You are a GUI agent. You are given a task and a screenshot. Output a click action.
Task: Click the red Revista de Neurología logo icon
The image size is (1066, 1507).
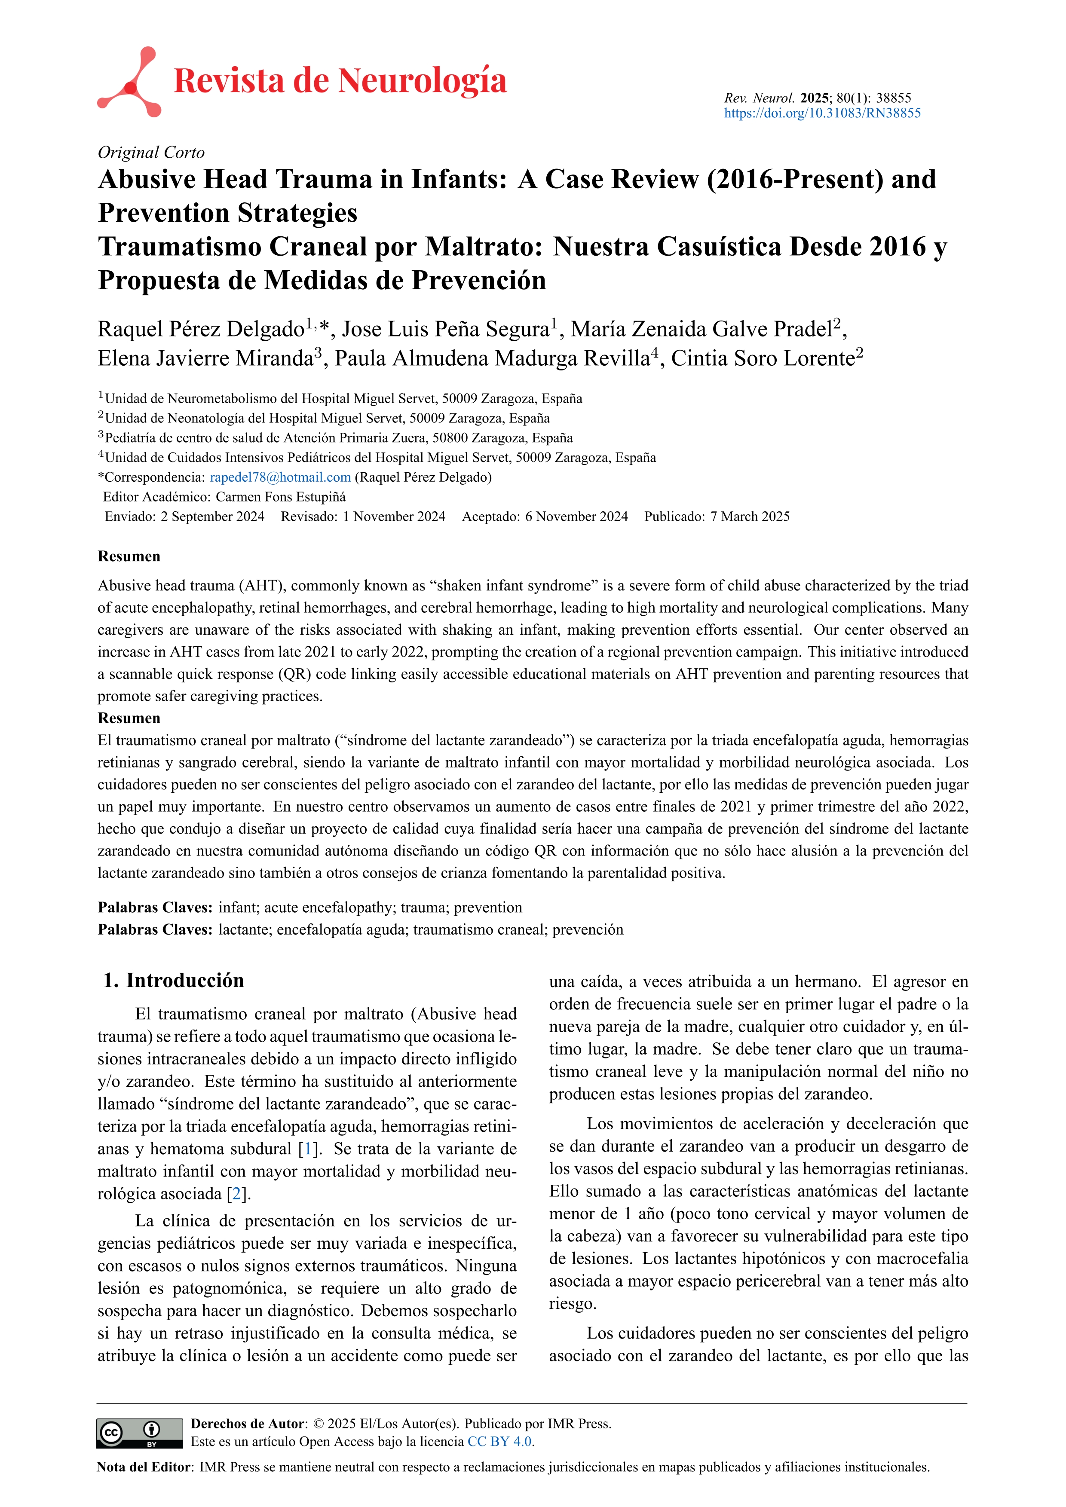pyautogui.click(x=129, y=82)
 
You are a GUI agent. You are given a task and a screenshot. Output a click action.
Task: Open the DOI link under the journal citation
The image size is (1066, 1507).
pyautogui.click(x=822, y=113)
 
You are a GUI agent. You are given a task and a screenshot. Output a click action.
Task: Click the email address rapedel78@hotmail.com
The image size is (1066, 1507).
pyautogui.click(x=280, y=477)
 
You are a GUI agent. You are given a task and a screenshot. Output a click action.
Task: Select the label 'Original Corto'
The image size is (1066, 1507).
pyautogui.click(x=151, y=152)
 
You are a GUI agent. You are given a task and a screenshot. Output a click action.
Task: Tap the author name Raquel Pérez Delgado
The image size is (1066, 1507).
pyautogui.click(x=201, y=329)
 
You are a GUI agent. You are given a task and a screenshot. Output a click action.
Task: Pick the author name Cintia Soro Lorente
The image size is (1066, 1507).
pyautogui.click(x=763, y=358)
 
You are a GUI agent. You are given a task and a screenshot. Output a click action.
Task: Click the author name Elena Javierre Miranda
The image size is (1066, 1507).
pyautogui.click(x=205, y=358)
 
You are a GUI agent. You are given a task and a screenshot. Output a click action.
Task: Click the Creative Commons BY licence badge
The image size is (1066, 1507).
pyautogui.click(x=139, y=1433)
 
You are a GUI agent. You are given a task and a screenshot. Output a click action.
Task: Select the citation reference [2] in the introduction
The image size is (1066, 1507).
pyautogui.click(x=237, y=1194)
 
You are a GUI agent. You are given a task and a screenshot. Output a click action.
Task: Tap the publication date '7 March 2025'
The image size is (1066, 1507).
pyautogui.click(x=750, y=517)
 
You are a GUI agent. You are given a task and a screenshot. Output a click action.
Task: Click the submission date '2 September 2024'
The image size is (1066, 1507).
pyautogui.click(x=213, y=517)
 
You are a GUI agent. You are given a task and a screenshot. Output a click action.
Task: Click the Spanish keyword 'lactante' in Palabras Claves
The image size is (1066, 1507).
pyautogui.click(x=244, y=929)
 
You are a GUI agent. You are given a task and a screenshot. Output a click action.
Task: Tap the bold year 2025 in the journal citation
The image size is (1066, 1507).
pyautogui.click(x=815, y=98)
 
